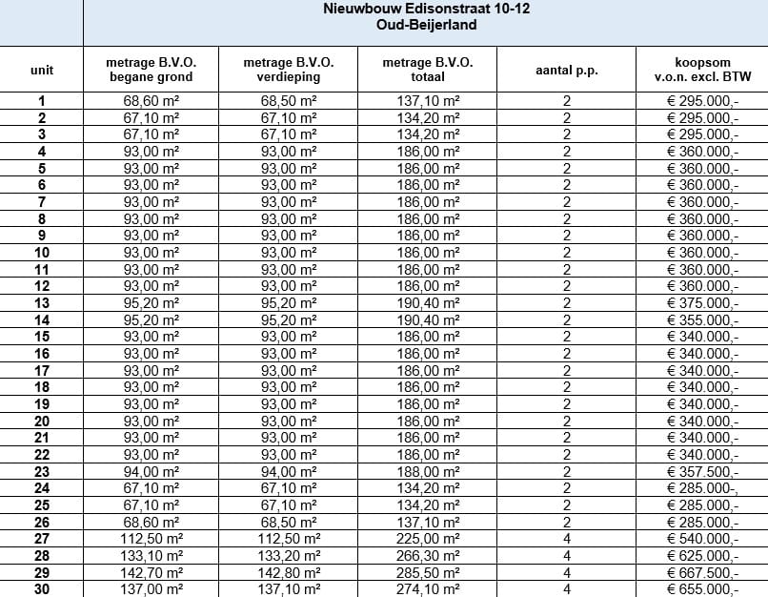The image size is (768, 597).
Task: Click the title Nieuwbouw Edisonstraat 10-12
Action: (x=426, y=10)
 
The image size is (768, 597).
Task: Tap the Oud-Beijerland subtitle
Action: (x=426, y=25)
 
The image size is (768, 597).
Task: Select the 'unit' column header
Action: (x=42, y=70)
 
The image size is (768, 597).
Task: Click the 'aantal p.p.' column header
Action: (x=567, y=70)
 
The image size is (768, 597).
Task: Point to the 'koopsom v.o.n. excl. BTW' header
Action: (x=702, y=70)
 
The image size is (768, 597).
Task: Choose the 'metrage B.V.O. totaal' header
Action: (x=427, y=70)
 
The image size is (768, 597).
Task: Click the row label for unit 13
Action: (x=42, y=302)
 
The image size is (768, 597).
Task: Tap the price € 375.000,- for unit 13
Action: (x=702, y=302)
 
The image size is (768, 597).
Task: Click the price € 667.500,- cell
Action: (x=702, y=572)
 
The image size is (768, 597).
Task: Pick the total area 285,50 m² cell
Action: (x=428, y=572)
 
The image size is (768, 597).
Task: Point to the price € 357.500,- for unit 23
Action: (x=702, y=471)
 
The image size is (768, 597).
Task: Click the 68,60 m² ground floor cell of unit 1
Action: (x=150, y=100)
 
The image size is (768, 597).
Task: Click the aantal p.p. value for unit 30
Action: (x=567, y=589)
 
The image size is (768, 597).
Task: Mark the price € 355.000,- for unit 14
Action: (x=702, y=319)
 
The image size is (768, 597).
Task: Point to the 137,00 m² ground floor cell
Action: (x=150, y=589)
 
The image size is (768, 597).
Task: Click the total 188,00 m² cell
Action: (x=428, y=471)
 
